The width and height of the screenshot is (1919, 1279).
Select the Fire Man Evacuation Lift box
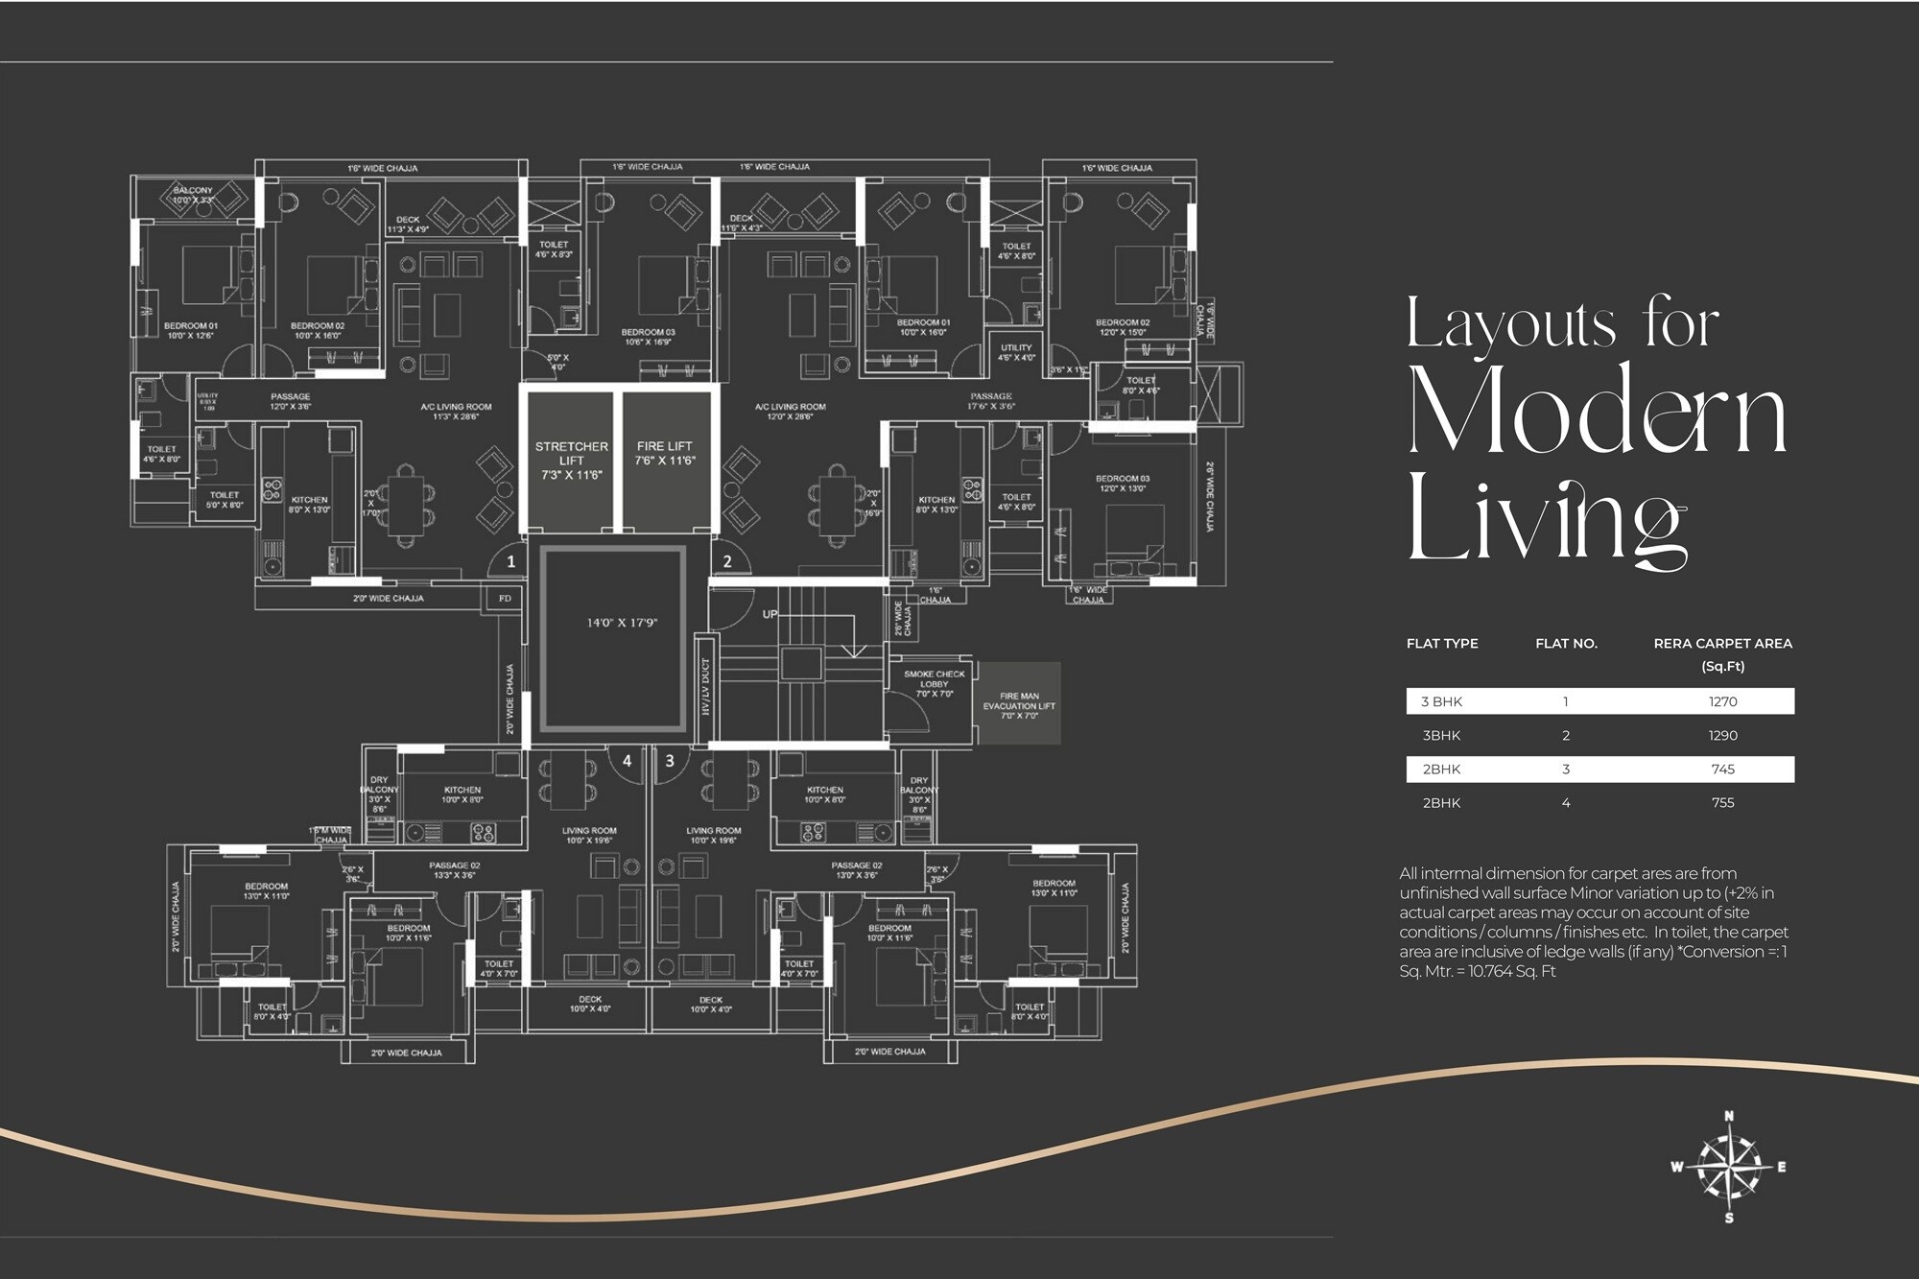[x=1019, y=704]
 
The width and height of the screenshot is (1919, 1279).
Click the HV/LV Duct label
[x=705, y=687]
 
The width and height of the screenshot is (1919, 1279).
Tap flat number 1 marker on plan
[x=510, y=561]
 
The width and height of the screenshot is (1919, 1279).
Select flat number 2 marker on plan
[x=726, y=561]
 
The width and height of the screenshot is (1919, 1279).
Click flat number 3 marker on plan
[x=669, y=761]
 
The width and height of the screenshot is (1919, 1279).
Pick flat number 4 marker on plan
[x=627, y=761]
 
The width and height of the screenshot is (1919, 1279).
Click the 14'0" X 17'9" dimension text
[x=622, y=623]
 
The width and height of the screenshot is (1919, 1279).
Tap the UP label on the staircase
[x=770, y=614]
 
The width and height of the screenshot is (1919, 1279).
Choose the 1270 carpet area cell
[x=1722, y=701]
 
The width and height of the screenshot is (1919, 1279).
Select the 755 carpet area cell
[x=1722, y=803]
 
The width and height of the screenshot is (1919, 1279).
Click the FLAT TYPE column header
[x=1442, y=644]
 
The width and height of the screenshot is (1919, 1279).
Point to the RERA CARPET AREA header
[x=1722, y=644]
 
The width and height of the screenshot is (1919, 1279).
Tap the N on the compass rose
[x=1729, y=1116]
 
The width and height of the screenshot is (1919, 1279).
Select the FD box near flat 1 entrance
[x=505, y=599]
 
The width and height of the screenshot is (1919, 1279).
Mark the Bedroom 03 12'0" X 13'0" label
[x=1123, y=483]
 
